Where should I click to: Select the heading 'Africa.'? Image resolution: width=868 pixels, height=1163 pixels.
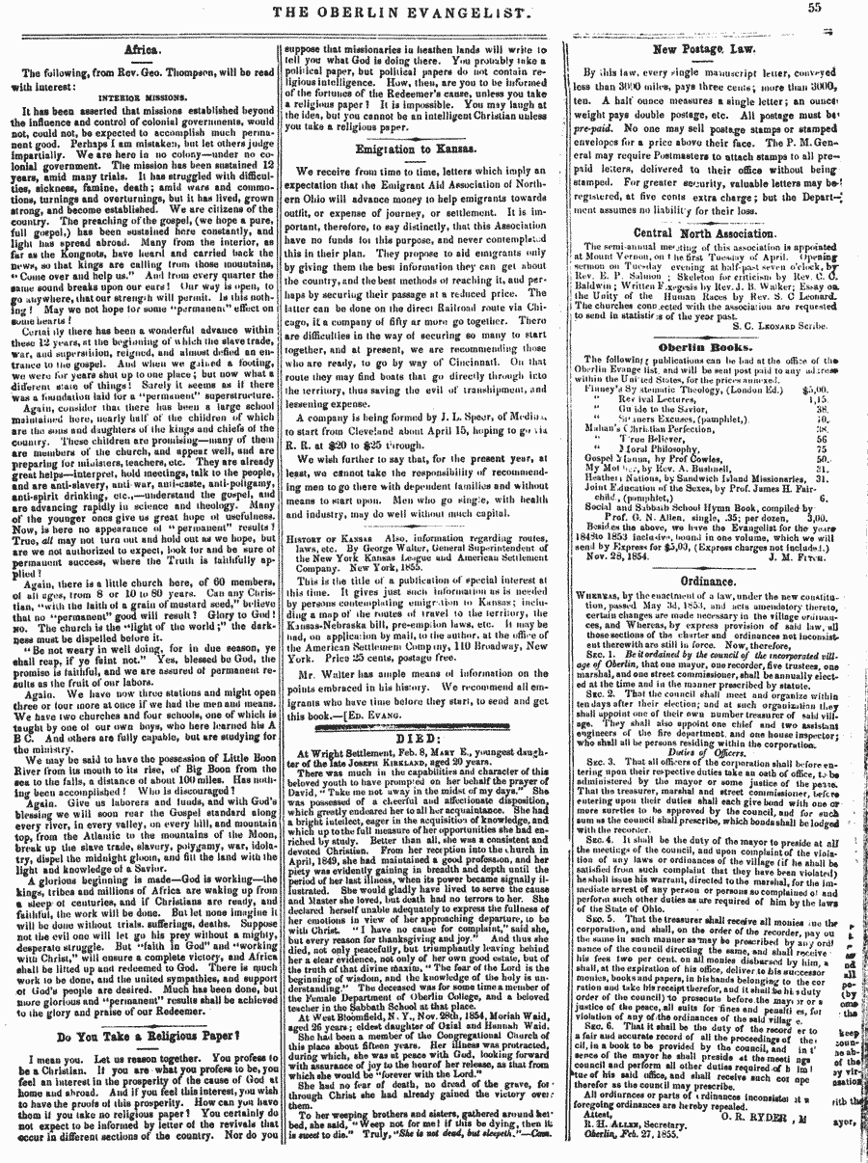pos(142,46)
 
